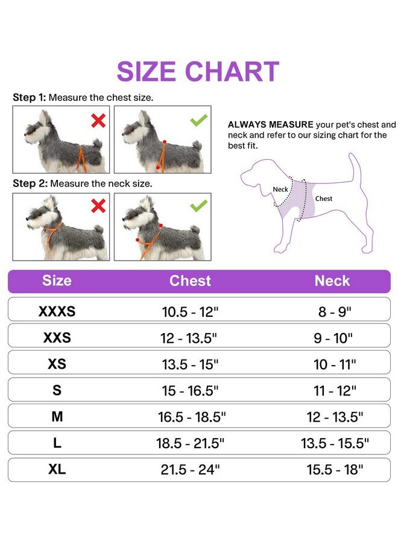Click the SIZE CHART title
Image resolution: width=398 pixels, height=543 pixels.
pyautogui.click(x=198, y=72)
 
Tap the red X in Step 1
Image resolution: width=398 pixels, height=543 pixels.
pyautogui.click(x=98, y=121)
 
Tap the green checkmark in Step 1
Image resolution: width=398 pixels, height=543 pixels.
pyautogui.click(x=198, y=120)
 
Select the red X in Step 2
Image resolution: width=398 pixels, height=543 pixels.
pyautogui.click(x=98, y=207)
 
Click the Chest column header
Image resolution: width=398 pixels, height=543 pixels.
pyautogui.click(x=190, y=281)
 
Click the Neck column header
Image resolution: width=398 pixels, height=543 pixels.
pyautogui.click(x=332, y=281)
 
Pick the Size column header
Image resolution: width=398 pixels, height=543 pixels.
pyautogui.click(x=57, y=281)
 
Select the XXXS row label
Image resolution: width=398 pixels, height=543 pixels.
pyautogui.click(x=57, y=312)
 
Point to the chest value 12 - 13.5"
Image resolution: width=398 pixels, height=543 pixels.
pyautogui.click(x=190, y=338)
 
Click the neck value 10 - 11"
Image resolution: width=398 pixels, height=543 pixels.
pyautogui.click(x=335, y=364)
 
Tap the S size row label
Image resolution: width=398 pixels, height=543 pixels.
pyautogui.click(x=57, y=390)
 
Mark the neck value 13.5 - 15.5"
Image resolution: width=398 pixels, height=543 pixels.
pyautogui.click(x=335, y=443)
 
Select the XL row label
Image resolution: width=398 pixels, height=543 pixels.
pyautogui.click(x=57, y=469)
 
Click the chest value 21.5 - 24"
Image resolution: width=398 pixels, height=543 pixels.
pyautogui.click(x=190, y=470)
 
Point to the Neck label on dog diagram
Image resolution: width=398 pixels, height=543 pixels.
pyautogui.click(x=280, y=189)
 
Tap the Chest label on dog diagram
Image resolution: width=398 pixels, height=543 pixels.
pyautogui.click(x=323, y=198)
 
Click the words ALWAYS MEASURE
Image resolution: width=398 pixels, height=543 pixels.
pyautogui.click(x=262, y=125)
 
